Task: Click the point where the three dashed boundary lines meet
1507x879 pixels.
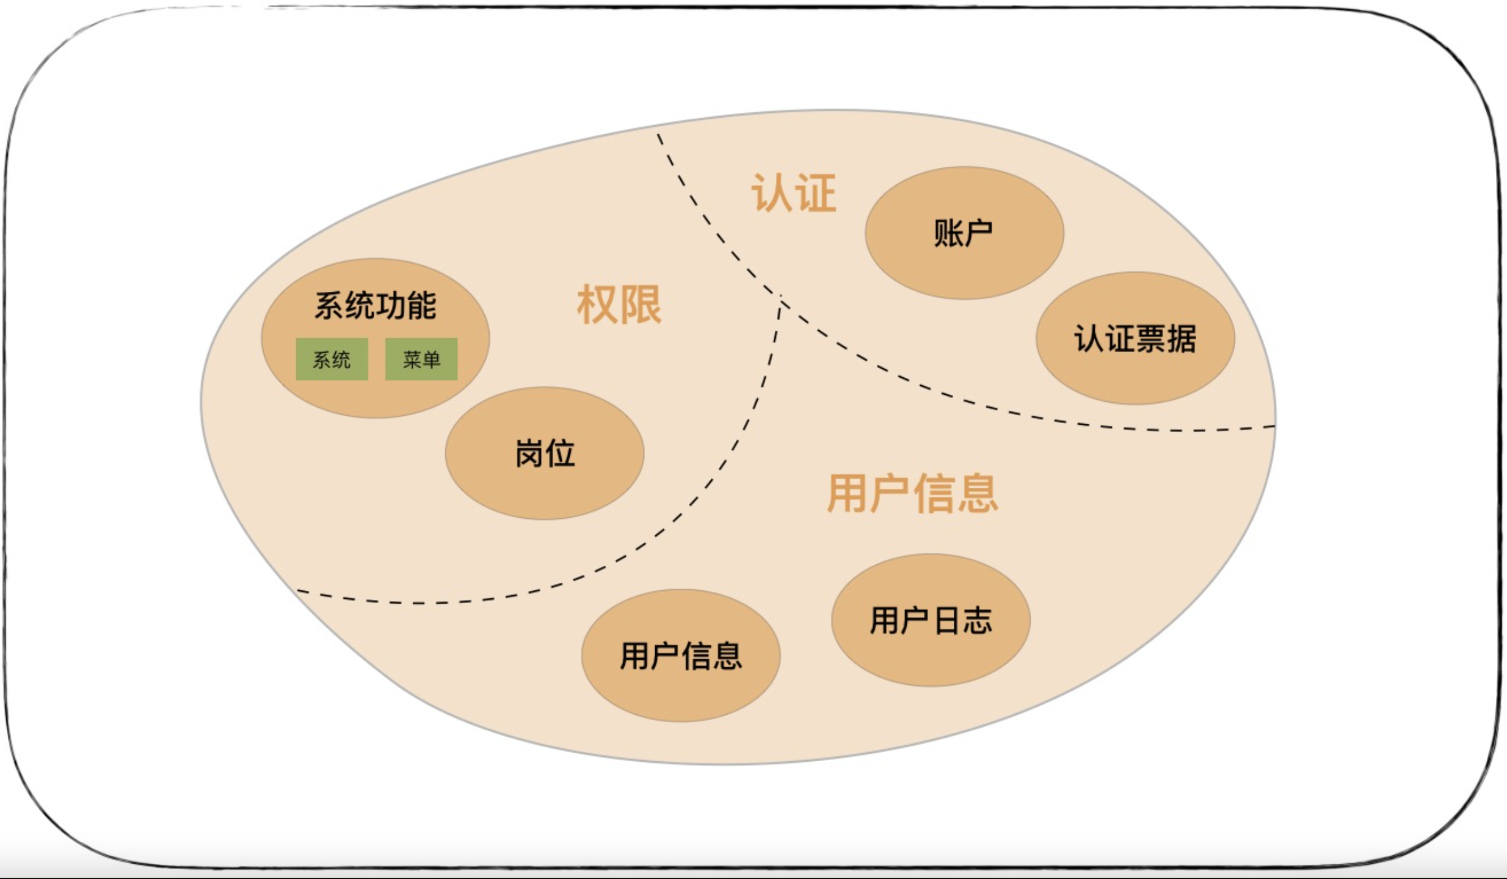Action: [x=780, y=300]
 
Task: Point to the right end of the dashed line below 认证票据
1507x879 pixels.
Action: [x=1275, y=426]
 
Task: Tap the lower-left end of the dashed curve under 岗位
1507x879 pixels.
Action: [x=297, y=590]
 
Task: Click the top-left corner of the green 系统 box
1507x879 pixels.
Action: [x=296, y=338]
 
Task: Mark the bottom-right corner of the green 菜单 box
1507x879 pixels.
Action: [x=457, y=380]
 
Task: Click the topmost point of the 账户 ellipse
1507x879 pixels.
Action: [x=964, y=167]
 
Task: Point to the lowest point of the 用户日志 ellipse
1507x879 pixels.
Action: [x=931, y=686]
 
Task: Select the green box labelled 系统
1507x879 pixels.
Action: [x=332, y=359]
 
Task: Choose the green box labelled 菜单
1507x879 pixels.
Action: [x=421, y=359]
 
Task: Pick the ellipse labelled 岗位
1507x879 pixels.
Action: [x=545, y=454]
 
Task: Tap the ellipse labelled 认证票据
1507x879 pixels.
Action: [x=1135, y=338]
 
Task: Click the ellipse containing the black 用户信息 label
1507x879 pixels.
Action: [x=681, y=656]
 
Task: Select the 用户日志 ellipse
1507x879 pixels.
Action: [x=931, y=620]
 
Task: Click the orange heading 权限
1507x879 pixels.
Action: [x=619, y=304]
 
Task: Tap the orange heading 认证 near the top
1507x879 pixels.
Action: [x=793, y=193]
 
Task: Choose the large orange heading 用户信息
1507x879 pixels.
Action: [x=912, y=493]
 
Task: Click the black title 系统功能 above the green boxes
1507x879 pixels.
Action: [x=376, y=305]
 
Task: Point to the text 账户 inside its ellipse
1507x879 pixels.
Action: [x=964, y=233]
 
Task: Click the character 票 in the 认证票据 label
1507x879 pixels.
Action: [x=1150, y=339]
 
